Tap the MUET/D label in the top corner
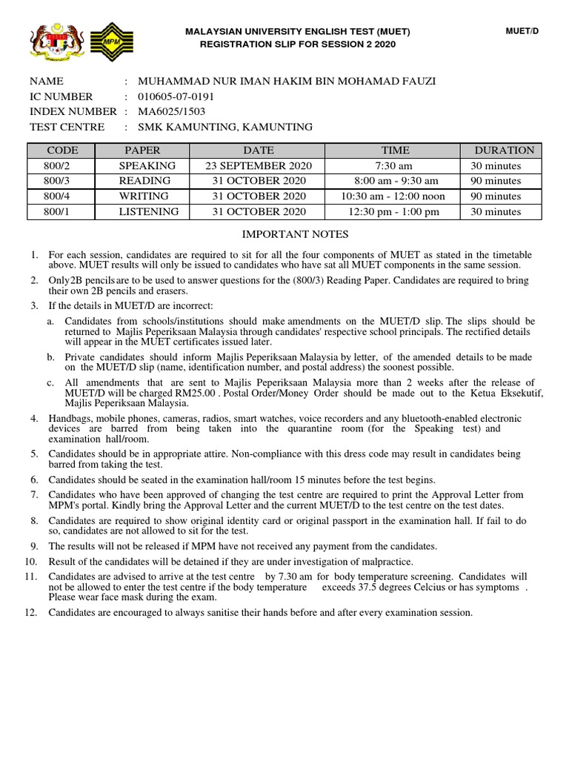point(522,31)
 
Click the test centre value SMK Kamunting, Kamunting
point(219,127)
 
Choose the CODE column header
point(62,150)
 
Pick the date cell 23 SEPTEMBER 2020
point(259,166)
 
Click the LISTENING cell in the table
point(149,212)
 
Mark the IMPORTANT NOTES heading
point(296,234)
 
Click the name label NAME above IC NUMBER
point(47,82)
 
